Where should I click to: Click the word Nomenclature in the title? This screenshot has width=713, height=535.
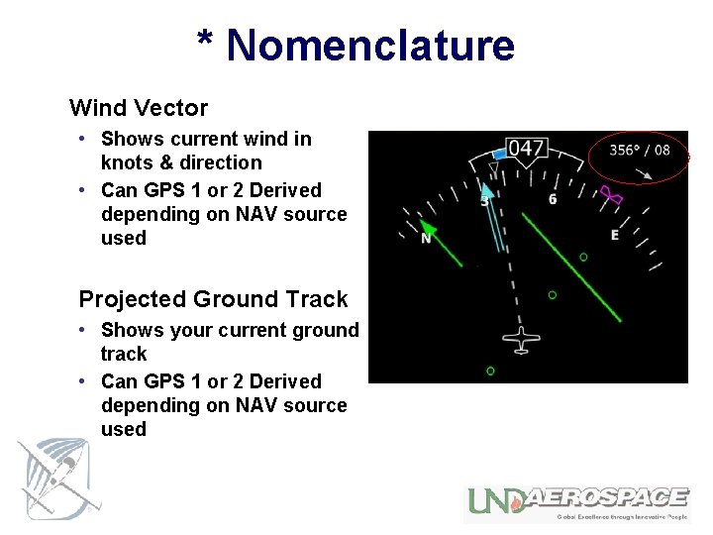click(x=370, y=46)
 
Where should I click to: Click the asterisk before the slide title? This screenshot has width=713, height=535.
click(x=206, y=44)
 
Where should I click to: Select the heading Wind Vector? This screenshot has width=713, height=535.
click(x=139, y=108)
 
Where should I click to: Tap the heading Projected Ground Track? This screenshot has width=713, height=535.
click(x=213, y=299)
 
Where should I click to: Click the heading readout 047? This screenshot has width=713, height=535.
click(x=526, y=149)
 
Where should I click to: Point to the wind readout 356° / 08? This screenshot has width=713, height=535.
click(x=639, y=151)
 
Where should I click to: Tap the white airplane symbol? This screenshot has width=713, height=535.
click(x=521, y=339)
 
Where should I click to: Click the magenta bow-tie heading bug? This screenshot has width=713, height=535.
click(x=612, y=196)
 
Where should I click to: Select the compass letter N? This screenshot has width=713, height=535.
click(x=426, y=239)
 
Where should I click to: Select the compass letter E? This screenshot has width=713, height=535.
click(x=615, y=235)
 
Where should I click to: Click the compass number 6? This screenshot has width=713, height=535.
click(x=552, y=200)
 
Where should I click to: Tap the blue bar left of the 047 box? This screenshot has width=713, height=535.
click(x=499, y=155)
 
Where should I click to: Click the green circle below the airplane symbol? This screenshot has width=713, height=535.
click(x=490, y=371)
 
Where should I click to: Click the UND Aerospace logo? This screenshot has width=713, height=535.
click(x=577, y=501)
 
